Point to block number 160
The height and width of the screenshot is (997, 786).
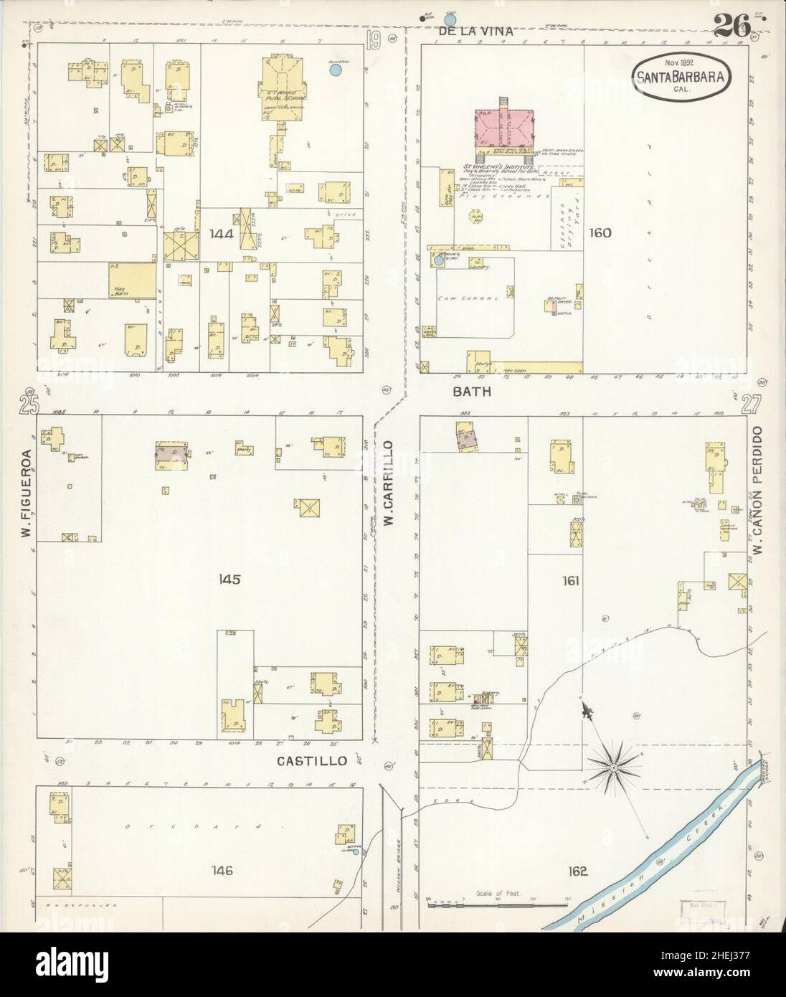coord(600,232)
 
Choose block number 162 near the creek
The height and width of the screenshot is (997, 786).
coord(578,871)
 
